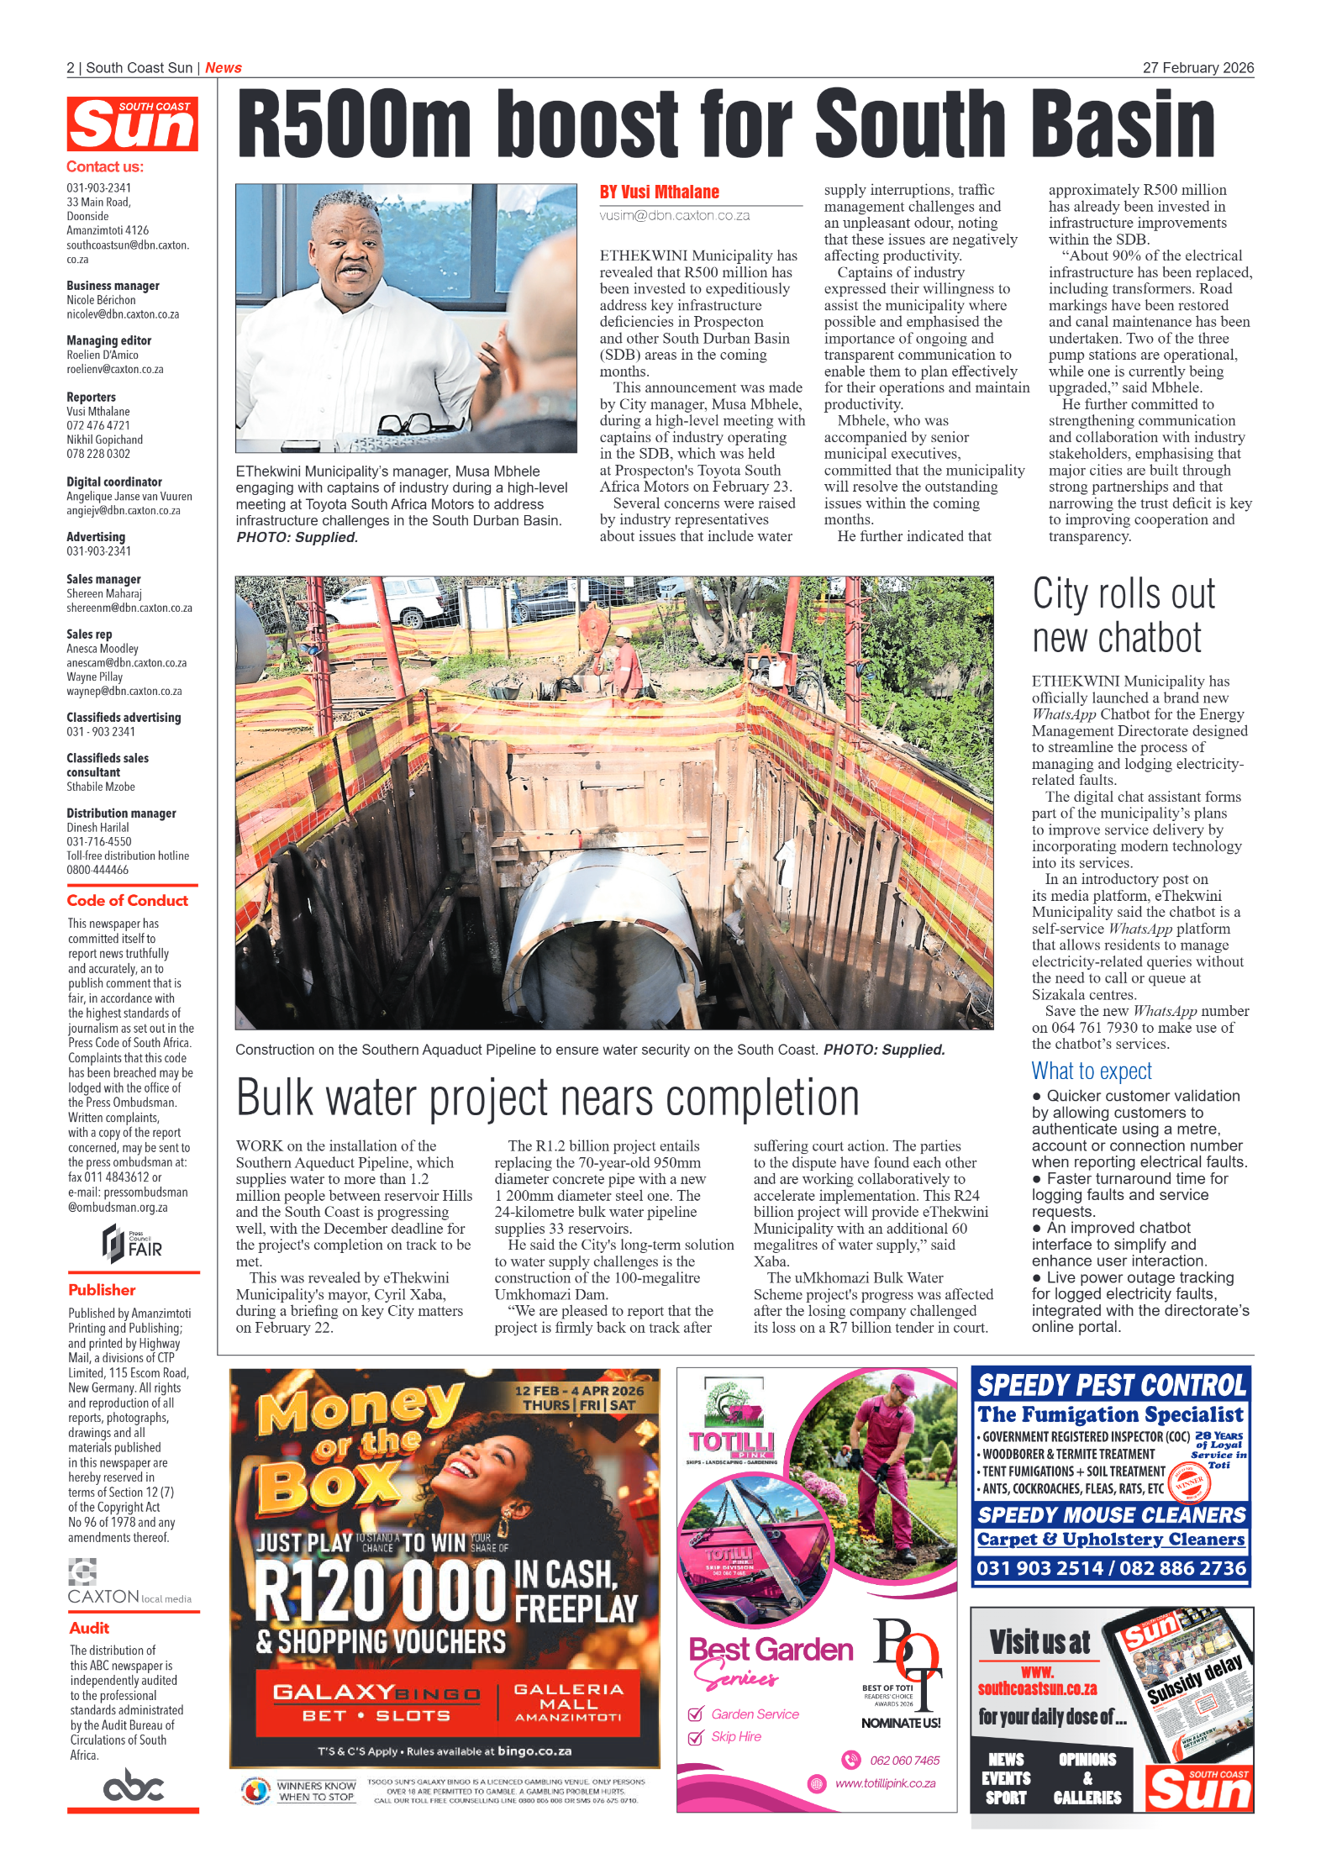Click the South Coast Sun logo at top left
tap(132, 124)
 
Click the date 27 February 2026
tap(1197, 68)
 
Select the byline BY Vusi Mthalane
tap(659, 192)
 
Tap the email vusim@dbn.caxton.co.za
tap(674, 216)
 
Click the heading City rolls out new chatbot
tap(1123, 615)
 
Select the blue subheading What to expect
tap(1091, 1071)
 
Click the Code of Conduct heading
tap(127, 900)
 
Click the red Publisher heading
tap(102, 1289)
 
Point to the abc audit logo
tap(133, 1784)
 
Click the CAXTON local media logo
tap(129, 1585)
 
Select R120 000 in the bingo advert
tap(381, 1592)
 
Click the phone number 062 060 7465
tap(904, 1760)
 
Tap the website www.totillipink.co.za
tap(884, 1783)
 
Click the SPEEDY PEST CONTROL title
tap(1111, 1385)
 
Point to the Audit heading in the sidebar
tap(89, 1628)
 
